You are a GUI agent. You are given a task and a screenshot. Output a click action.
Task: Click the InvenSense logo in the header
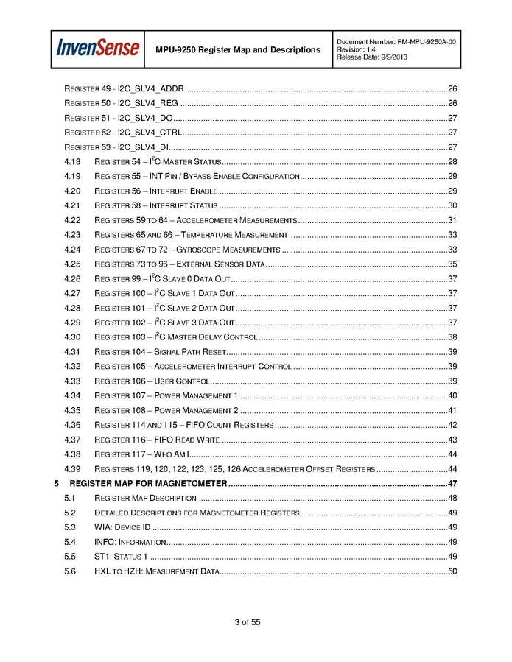tap(98, 49)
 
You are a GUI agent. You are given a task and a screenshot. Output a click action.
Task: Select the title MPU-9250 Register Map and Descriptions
tap(238, 49)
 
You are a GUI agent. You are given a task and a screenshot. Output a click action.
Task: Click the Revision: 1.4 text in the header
tap(357, 49)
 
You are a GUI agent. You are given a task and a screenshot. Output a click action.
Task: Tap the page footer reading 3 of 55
tap(248, 622)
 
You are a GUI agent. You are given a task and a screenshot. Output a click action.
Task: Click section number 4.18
tap(71, 162)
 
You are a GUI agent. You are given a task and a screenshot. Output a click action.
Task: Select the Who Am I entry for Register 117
tap(142, 454)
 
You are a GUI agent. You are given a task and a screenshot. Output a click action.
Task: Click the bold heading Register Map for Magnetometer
tap(147, 484)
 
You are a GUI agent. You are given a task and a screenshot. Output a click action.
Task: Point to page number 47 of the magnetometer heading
tap(453, 484)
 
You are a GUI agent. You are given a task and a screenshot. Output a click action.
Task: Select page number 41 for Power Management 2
tap(453, 411)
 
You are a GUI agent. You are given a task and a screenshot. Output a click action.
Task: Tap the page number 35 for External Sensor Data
tap(453, 264)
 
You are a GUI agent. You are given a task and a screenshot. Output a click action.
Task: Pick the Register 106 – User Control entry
tap(152, 381)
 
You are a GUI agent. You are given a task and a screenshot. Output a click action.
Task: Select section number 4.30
tap(71, 337)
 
